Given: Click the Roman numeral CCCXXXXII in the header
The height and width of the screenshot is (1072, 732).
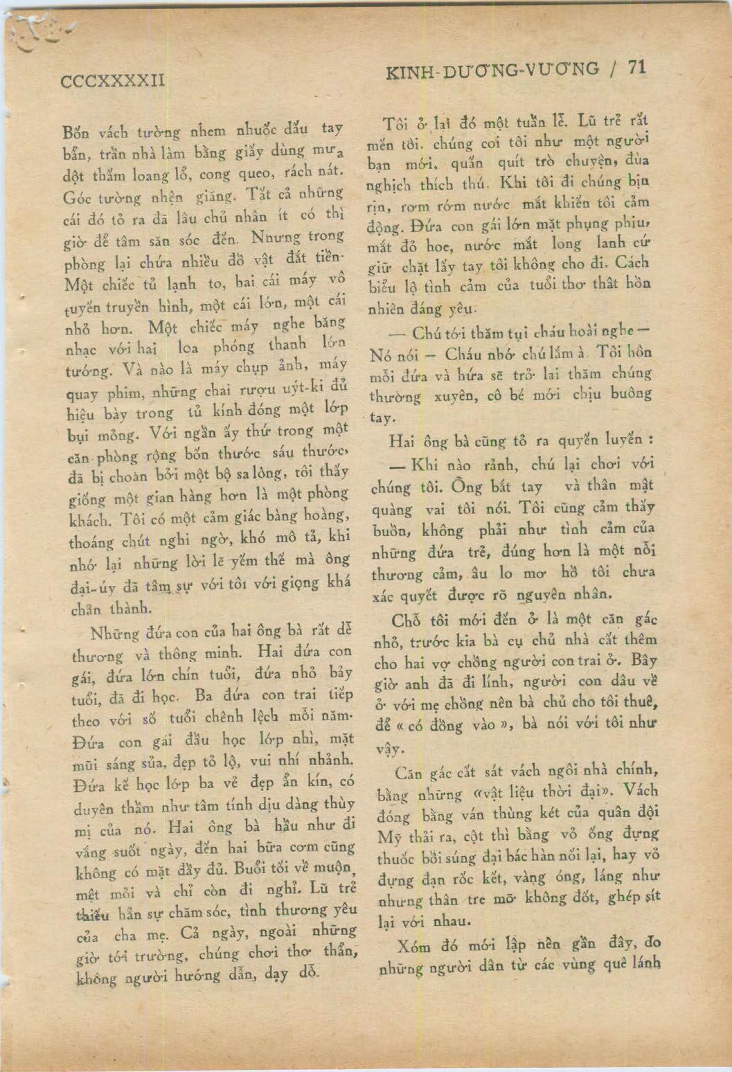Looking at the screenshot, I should coord(113,80).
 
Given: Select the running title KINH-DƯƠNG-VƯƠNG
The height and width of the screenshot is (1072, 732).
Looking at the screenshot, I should coord(492,69).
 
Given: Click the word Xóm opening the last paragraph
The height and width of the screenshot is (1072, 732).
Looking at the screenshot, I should coord(413,946).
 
